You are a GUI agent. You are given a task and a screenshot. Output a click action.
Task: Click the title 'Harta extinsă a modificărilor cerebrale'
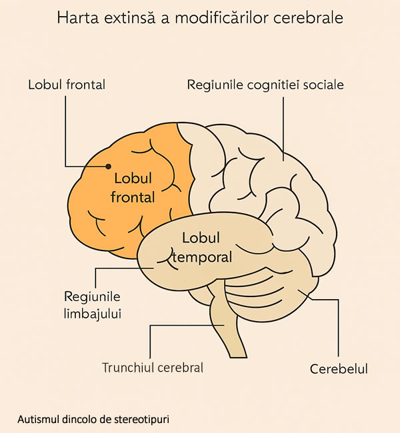pos(200,17)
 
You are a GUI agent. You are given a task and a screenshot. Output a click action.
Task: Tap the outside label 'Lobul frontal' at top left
pos(67,85)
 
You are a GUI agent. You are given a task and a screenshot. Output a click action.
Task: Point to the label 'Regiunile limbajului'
pos(93,304)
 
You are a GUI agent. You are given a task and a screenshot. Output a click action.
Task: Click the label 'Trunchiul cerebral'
pos(153,367)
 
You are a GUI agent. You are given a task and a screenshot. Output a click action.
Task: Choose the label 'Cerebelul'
pos(339,368)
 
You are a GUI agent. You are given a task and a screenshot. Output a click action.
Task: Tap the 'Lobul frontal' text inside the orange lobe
pos(133,188)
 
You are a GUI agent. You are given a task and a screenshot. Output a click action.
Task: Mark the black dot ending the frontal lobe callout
pos(108,167)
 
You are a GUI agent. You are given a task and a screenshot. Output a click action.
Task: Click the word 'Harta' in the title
pos(76,17)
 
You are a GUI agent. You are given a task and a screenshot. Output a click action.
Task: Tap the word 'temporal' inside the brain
pos(201,256)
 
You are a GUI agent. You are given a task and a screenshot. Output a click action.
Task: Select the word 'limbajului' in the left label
pos(93,312)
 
